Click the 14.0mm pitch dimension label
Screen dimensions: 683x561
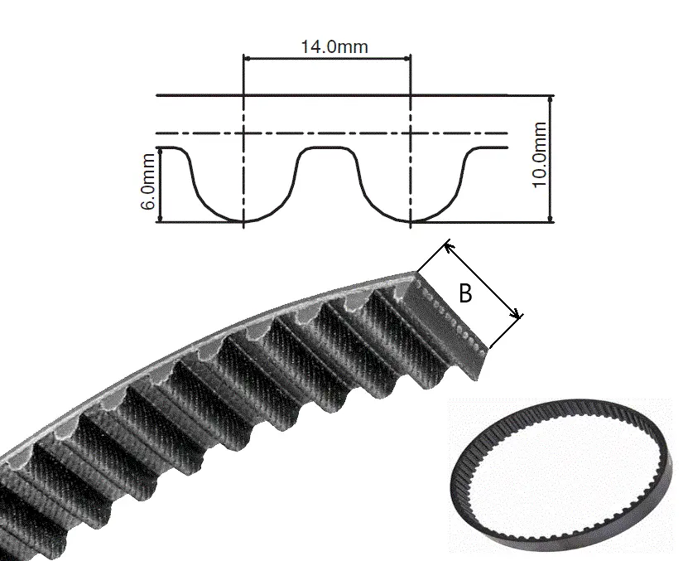pos(334,46)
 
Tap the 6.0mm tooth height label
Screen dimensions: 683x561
pos(148,181)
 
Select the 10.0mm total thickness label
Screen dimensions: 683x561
pos(539,155)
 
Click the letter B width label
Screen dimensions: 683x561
pos(465,293)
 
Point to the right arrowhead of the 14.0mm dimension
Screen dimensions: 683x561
pos(406,57)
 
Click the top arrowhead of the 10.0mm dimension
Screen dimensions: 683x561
pos(551,99)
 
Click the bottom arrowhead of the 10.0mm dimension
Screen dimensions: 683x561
pos(551,219)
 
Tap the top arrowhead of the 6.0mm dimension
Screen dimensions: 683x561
pos(160,152)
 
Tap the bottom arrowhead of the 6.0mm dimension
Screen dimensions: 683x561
pos(160,218)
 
